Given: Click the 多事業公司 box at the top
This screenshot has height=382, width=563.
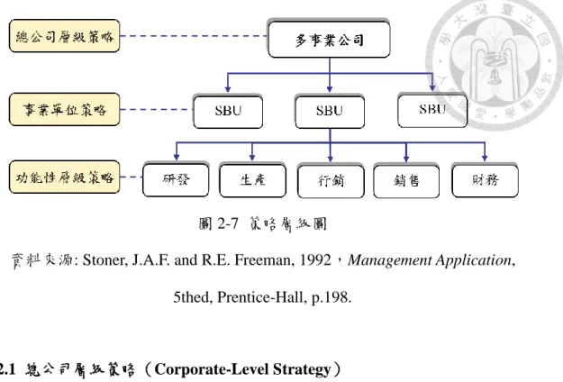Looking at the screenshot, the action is (x=329, y=39).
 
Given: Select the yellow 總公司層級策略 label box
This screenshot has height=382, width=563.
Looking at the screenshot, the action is (x=64, y=36).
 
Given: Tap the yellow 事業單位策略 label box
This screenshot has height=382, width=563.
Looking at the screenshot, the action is (x=64, y=110).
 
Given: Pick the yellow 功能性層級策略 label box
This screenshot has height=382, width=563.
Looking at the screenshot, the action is (x=64, y=177).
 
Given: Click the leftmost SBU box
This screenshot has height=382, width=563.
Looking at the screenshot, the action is (x=228, y=112).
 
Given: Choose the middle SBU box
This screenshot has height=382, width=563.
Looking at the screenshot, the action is (x=330, y=112).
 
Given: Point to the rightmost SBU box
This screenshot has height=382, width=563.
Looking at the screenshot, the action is (x=432, y=110).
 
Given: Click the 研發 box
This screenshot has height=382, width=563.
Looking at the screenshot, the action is (x=176, y=179).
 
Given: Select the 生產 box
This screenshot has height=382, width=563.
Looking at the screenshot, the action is (x=252, y=180).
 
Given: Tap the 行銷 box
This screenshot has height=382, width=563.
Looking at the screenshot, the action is (x=331, y=180).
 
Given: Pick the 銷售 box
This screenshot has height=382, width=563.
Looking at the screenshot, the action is (x=406, y=180).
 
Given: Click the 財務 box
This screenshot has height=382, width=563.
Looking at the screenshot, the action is (x=486, y=180).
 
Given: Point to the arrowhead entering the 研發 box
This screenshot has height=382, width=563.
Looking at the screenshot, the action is (x=176, y=158).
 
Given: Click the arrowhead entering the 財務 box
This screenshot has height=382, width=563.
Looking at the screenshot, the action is (x=485, y=158).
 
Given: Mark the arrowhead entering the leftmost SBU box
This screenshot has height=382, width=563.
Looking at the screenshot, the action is (x=228, y=89).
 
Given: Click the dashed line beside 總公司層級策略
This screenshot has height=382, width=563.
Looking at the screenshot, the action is (x=194, y=36).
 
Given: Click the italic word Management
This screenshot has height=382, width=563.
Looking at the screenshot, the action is (x=390, y=260).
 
